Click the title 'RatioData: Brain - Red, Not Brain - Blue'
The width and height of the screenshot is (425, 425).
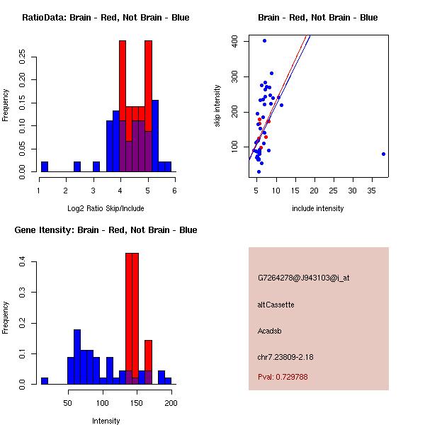(x=106, y=18)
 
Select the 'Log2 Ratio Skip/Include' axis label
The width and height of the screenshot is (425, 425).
(x=106, y=208)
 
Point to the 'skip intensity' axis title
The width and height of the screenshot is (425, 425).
(x=217, y=106)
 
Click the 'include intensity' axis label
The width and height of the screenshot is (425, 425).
(x=317, y=208)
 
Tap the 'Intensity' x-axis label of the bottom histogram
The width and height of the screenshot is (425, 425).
(x=106, y=421)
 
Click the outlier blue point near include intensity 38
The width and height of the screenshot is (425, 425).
(x=383, y=154)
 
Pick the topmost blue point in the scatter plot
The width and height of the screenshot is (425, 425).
(x=264, y=40)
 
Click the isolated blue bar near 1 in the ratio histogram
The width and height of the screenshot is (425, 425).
(x=45, y=166)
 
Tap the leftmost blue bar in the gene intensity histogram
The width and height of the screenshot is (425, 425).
(x=45, y=380)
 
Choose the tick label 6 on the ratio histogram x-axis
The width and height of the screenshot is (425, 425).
(x=174, y=191)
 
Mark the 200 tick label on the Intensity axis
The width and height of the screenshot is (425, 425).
(x=171, y=403)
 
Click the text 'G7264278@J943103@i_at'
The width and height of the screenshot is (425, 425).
(x=303, y=278)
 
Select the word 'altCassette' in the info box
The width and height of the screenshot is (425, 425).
(x=276, y=305)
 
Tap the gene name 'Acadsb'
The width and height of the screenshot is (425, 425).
(x=270, y=330)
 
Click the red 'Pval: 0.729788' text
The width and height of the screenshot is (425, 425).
(x=283, y=378)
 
